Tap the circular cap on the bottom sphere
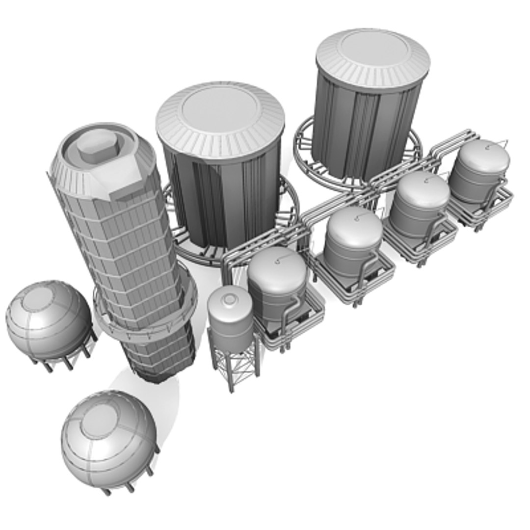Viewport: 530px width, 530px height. (100, 421)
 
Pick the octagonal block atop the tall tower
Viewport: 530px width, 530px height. (96, 146)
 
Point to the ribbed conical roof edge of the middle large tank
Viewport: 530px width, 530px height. (221, 147)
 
